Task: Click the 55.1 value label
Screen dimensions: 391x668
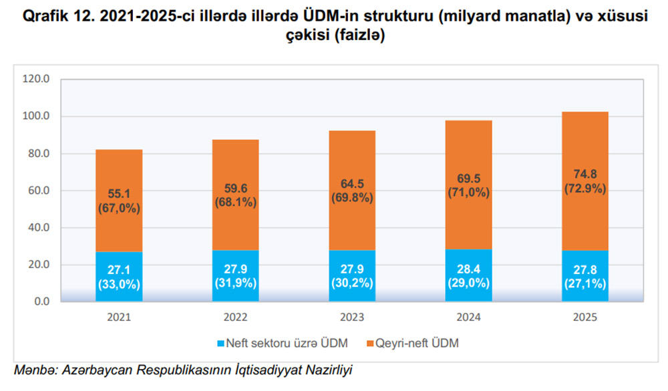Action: tap(119, 194)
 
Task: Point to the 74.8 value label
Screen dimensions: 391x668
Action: tap(584, 174)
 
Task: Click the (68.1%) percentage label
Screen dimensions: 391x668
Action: tap(235, 203)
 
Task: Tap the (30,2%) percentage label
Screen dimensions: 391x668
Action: tap(352, 283)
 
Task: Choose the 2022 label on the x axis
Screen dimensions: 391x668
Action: tap(235, 317)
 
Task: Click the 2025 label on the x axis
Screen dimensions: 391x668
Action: tap(584, 317)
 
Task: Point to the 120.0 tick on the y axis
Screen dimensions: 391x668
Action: tap(37, 79)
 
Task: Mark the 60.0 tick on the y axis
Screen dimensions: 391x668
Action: tap(39, 190)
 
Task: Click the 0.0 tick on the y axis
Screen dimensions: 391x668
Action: tap(41, 302)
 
